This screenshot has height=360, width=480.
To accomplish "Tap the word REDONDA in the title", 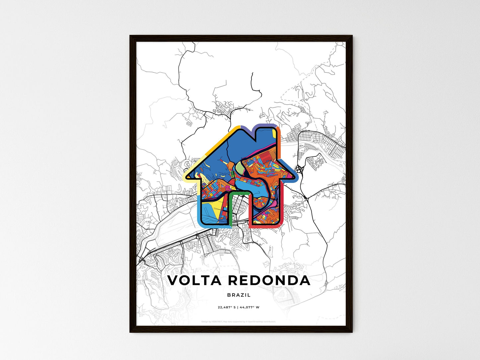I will (269, 280).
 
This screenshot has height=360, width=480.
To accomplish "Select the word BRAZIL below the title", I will (239, 295).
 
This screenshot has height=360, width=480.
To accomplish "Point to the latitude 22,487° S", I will (227, 307).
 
